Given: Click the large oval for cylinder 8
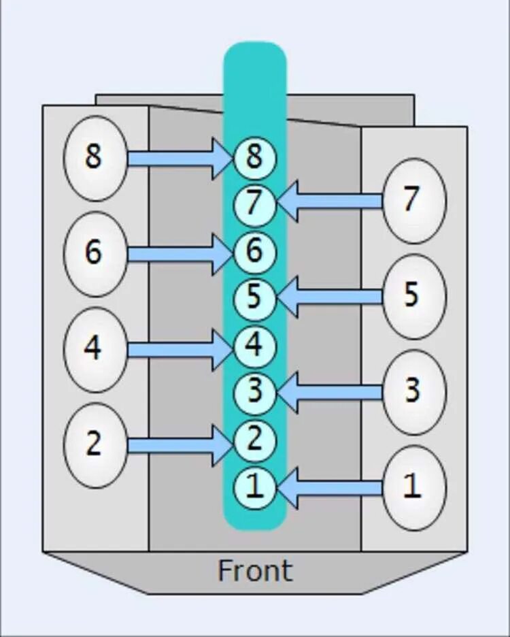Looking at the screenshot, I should pos(95,158).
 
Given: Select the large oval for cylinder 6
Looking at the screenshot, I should pos(95,254).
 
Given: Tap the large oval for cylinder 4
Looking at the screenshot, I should pos(95,349).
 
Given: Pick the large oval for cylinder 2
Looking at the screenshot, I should pos(95,445).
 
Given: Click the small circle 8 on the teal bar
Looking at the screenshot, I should pos(254,158).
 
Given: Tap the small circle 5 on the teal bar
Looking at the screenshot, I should pos(254,297).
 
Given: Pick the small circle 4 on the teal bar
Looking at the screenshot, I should pos(254,345).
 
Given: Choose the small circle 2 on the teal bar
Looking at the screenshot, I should pos(254,439).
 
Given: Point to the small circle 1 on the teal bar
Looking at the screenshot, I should pos(254,487).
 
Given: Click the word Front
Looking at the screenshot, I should pos(255,570).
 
